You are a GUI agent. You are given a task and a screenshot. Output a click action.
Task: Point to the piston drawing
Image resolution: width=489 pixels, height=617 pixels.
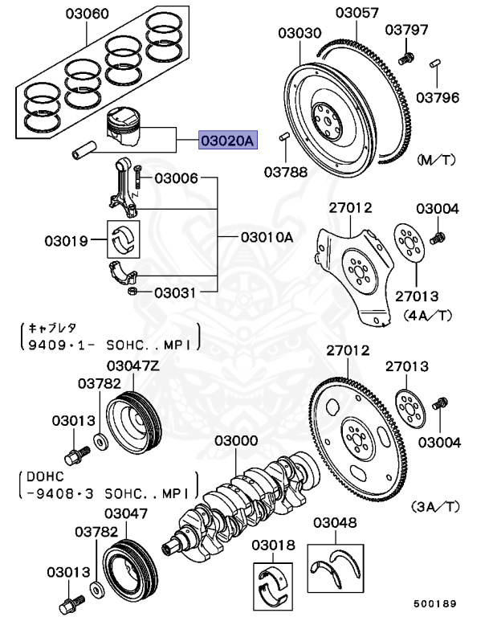coord(124,129)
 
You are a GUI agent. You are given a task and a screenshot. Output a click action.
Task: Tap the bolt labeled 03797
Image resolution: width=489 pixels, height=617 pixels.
coord(406,57)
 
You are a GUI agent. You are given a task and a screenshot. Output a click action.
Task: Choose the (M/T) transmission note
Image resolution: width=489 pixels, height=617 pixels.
coord(437,161)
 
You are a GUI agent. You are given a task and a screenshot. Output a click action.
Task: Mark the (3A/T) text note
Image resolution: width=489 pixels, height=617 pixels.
coord(434,507)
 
